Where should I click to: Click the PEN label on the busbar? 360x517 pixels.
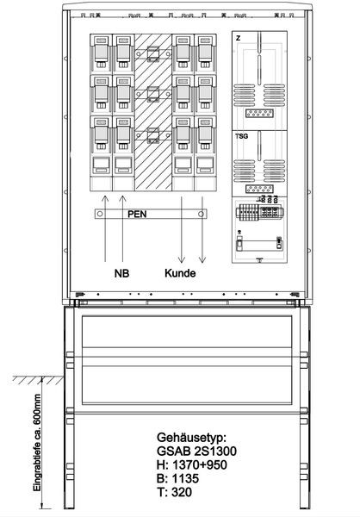137,215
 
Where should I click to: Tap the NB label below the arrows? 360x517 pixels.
121,273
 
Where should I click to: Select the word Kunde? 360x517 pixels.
180,273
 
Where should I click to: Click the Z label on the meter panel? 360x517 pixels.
238,38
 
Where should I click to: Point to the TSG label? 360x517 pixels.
242,136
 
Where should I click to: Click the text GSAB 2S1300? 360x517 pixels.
196,451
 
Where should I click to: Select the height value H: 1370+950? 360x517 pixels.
192,465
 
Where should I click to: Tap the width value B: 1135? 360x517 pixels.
178,478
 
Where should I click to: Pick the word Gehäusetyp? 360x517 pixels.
191,438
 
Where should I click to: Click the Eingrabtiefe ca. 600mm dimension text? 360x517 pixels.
37,443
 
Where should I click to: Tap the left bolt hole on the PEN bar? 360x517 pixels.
100,214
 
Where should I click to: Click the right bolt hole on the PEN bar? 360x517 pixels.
201,214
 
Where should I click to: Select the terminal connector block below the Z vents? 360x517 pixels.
259,114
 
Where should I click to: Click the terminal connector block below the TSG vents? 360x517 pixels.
259,190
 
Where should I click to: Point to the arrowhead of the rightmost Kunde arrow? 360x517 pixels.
202,259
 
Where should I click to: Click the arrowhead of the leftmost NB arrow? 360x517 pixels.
105,198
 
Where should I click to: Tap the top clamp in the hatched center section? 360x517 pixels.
153,53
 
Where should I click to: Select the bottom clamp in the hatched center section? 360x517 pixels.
153,135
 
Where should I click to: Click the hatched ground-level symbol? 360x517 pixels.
38,380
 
